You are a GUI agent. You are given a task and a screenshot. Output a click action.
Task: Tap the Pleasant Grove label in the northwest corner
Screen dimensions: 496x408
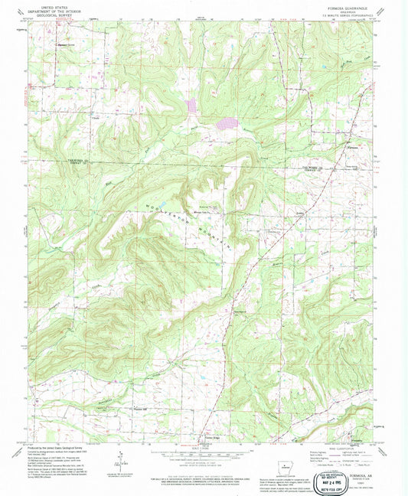coord(69,44)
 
